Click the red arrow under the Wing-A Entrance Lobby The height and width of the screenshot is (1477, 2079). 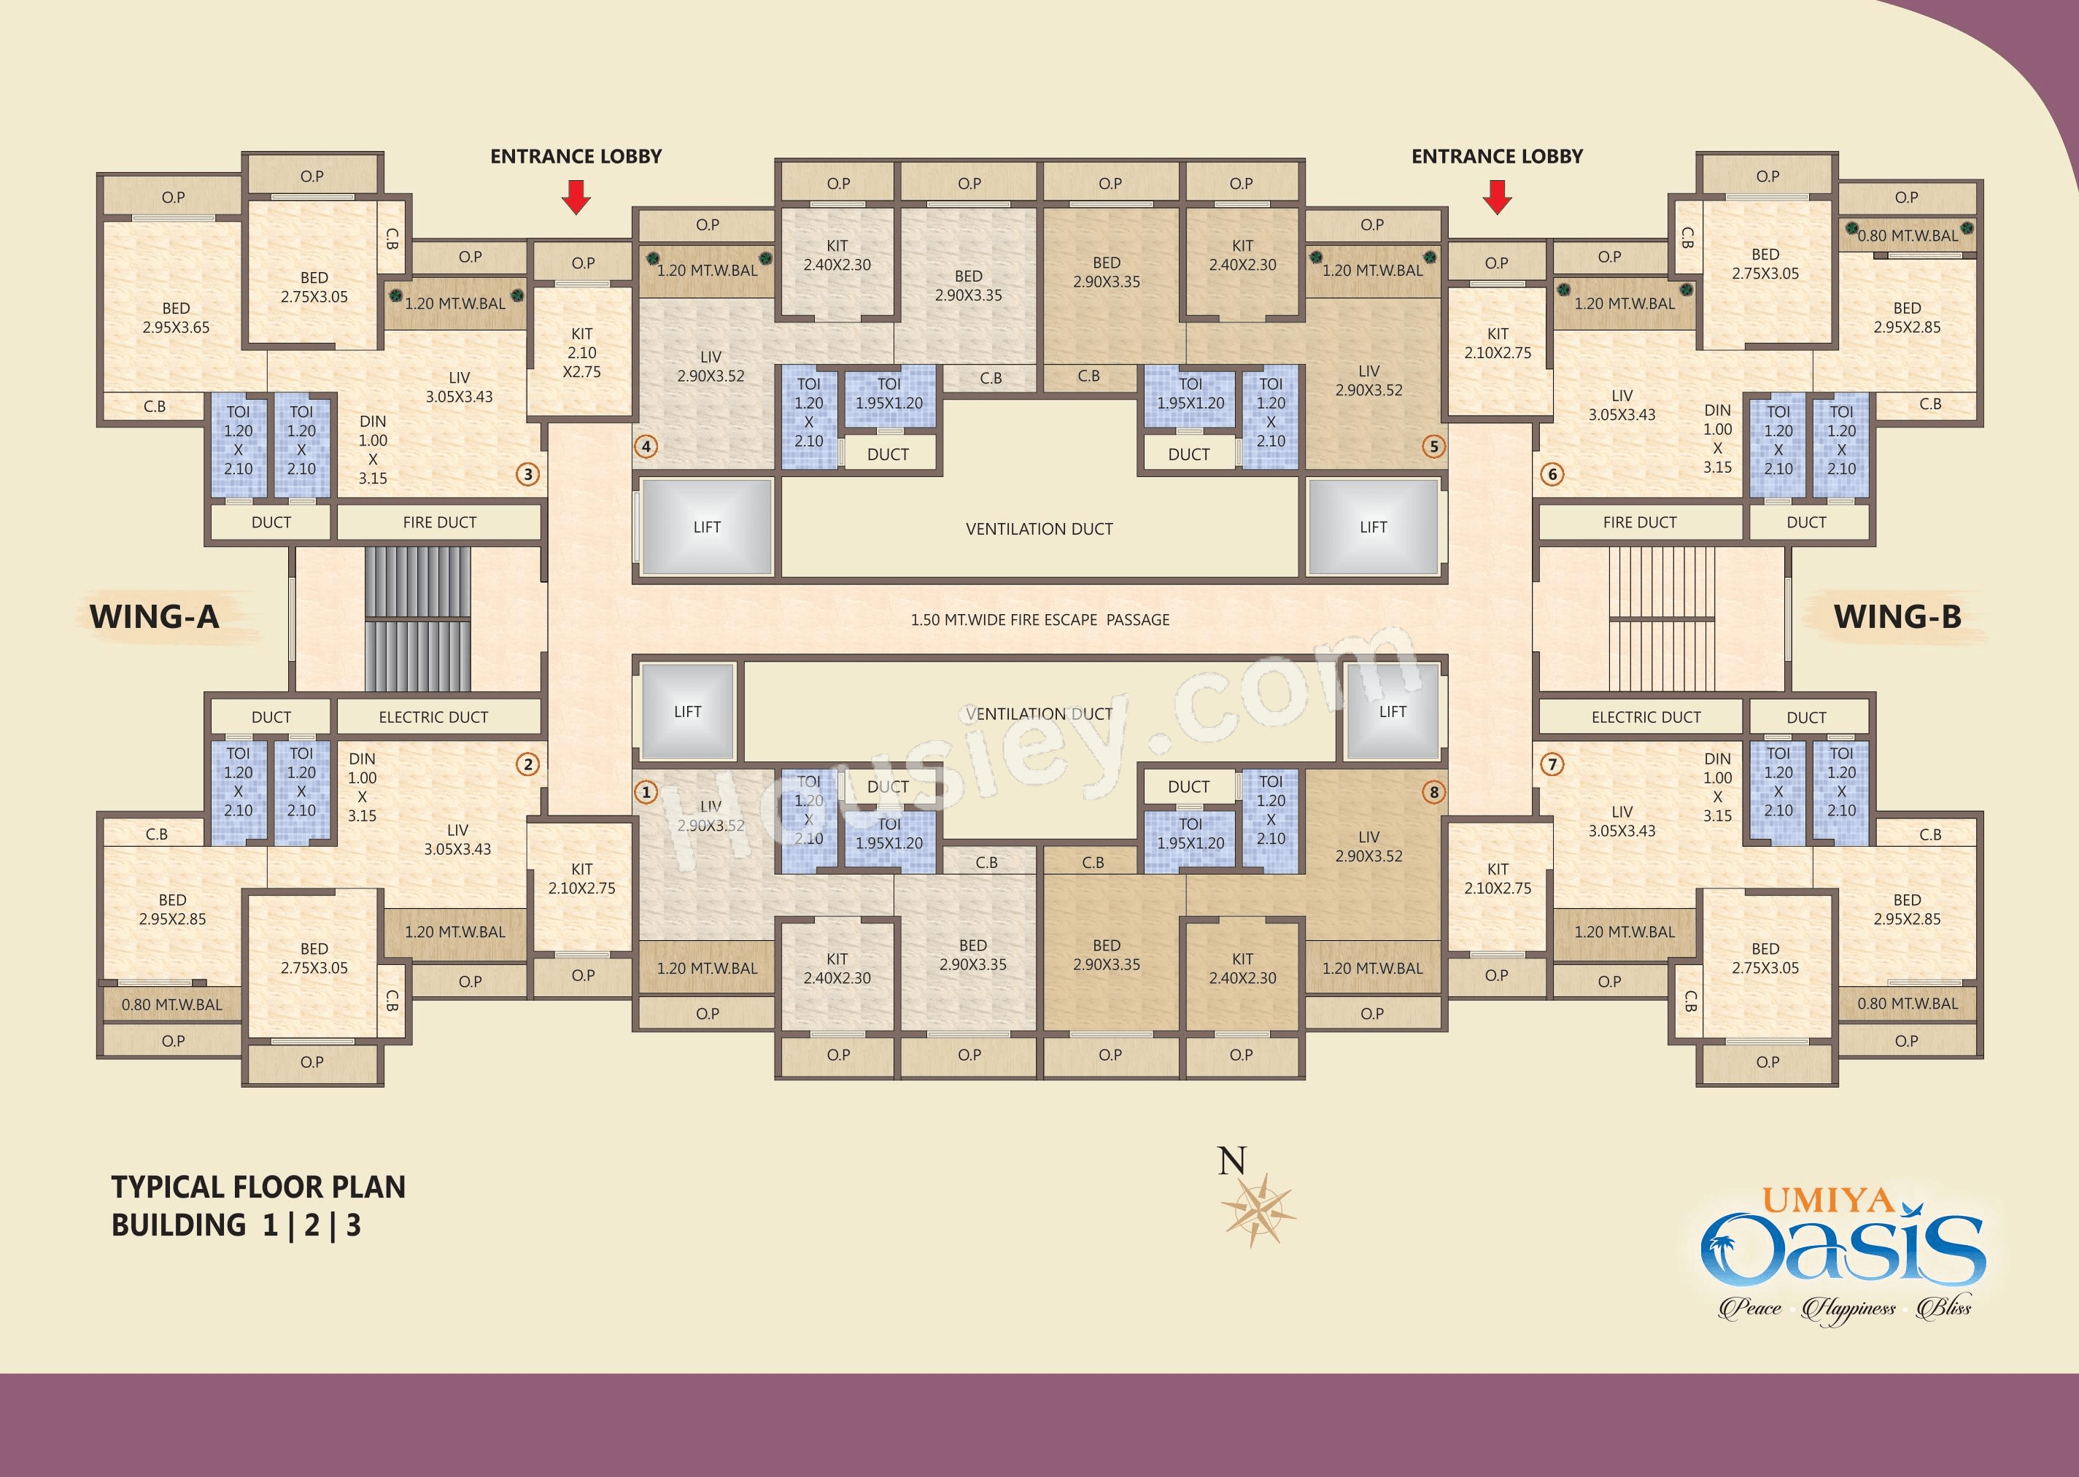576,196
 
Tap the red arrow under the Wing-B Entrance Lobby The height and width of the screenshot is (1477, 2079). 1497,196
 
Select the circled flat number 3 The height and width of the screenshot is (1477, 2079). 527,474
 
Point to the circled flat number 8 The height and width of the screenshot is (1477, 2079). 1434,792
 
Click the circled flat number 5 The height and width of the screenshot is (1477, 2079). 1434,446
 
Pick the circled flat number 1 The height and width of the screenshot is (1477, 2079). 646,792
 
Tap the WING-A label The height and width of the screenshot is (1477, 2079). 155,616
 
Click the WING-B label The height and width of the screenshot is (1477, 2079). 1897,616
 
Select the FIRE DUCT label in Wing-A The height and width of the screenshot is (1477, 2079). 439,522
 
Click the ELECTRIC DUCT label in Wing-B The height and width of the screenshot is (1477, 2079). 1646,717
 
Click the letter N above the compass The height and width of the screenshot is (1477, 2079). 1232,1160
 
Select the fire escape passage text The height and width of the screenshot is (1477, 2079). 1040,619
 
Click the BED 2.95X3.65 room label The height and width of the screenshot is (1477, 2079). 176,317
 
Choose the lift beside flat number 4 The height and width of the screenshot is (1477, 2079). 707,527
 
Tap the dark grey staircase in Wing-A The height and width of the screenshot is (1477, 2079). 417,619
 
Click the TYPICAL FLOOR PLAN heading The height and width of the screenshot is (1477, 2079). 258,1187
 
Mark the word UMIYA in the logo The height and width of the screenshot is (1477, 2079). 1828,1201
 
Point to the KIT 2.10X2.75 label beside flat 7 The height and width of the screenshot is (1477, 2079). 1497,879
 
